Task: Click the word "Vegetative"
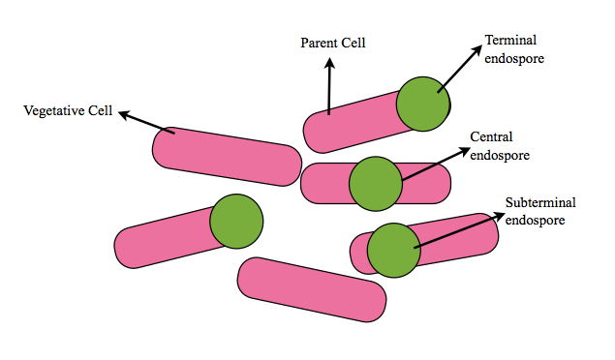point(49,110)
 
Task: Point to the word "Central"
point(491,136)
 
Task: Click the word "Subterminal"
point(540,203)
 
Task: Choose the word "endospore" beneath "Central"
point(500,154)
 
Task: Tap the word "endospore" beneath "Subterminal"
point(534,220)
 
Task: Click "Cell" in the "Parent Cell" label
point(355,43)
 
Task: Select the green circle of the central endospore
point(375,184)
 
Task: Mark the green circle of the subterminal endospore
point(392,249)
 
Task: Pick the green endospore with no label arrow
point(236,220)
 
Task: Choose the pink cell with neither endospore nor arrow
point(312,289)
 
